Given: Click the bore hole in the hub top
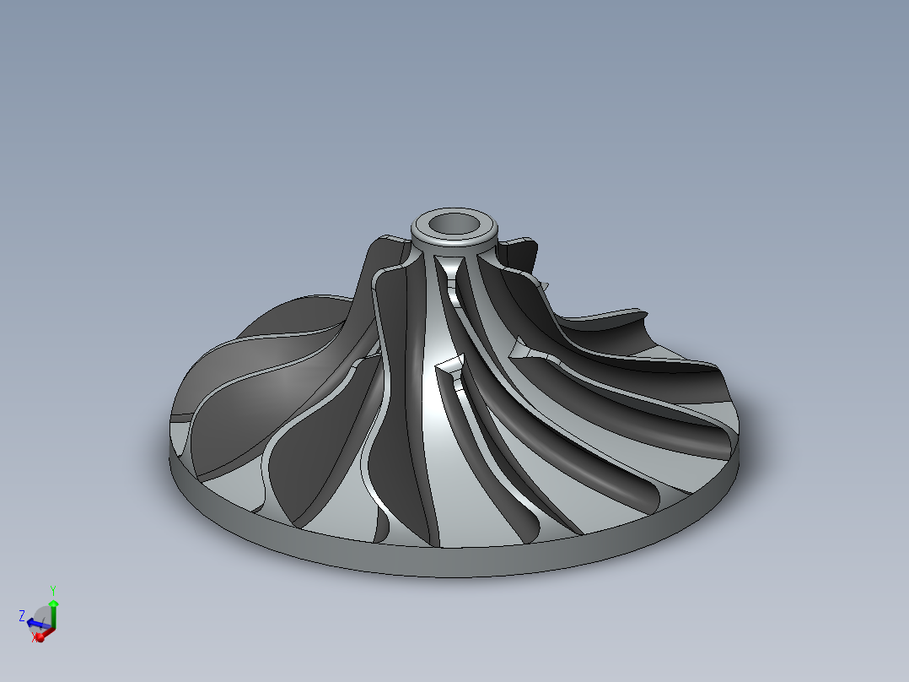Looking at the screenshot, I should [x=454, y=224].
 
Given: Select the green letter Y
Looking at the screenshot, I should [x=52, y=588].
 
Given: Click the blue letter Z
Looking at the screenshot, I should [x=22, y=615].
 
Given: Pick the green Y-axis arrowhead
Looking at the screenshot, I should [x=53, y=604].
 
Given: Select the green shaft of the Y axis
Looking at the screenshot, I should [x=53, y=617].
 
